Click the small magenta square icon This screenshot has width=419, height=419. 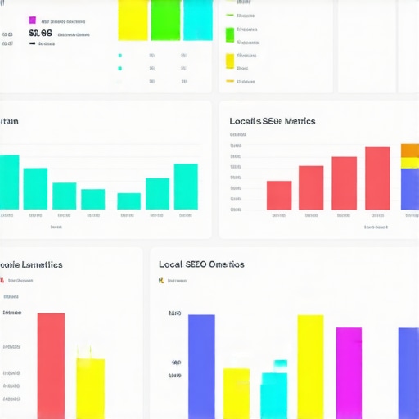[x=33, y=20]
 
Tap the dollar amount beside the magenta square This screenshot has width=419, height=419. [x=41, y=34]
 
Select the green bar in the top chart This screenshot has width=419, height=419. [x=165, y=20]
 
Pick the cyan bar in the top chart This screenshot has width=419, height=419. [x=197, y=20]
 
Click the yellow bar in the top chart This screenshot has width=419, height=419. [x=133, y=20]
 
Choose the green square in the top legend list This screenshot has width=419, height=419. [x=230, y=34]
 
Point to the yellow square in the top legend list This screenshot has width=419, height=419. [x=230, y=61]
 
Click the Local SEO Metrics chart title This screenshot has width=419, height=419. [x=273, y=121]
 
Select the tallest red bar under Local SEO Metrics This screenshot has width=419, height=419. [x=377, y=178]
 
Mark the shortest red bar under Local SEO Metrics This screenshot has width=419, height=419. [x=279, y=195]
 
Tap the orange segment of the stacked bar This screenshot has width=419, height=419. [x=410, y=151]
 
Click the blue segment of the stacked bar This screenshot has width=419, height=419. [x=410, y=189]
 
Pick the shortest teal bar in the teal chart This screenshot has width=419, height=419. [x=128, y=201]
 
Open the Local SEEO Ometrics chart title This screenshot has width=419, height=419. [x=201, y=264]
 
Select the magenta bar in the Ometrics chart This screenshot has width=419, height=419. [x=349, y=372]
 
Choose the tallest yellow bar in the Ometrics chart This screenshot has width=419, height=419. [x=310, y=366]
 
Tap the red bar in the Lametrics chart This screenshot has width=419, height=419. [x=51, y=365]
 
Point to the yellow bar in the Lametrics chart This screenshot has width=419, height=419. [x=90, y=388]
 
